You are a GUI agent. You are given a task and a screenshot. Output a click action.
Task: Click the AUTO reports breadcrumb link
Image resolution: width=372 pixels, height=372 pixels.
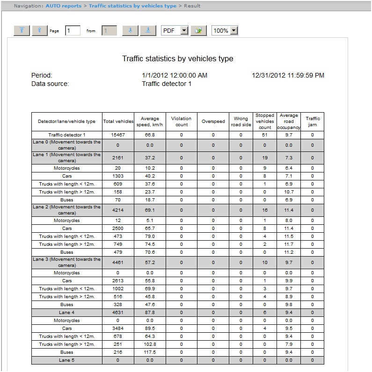[63, 6]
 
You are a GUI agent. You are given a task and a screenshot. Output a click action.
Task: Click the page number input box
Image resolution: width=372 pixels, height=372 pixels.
[73, 30]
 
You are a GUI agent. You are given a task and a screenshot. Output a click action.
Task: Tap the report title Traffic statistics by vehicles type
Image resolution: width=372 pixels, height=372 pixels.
[177, 59]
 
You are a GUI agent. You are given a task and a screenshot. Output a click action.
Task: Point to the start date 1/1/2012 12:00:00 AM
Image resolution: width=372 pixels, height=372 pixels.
[174, 75]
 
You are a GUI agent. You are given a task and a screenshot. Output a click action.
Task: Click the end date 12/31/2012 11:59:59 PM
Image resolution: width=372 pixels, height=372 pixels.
[288, 75]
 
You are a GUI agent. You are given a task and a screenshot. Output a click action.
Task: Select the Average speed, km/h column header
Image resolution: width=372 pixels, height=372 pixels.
[150, 122]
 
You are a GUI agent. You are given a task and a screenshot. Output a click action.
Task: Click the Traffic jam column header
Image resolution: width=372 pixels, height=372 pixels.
[313, 122]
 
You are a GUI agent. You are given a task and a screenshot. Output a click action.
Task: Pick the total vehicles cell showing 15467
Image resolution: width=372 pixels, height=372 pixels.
[118, 135]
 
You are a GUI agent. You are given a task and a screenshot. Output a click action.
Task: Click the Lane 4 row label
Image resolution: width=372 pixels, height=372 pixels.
[66, 312]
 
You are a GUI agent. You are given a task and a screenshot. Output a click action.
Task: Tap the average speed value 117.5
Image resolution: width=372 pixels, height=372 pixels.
[150, 352]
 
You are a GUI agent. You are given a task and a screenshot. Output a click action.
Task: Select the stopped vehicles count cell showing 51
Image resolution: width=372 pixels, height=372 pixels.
[265, 135]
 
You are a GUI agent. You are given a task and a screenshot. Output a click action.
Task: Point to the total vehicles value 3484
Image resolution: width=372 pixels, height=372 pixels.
[118, 328]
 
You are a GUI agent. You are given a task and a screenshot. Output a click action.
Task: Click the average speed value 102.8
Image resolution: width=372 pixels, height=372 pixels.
[150, 344]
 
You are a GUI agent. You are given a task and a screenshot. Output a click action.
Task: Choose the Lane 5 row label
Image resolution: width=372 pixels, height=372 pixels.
[66, 360]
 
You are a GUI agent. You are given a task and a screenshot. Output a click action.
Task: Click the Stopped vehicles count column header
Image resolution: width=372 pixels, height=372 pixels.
[265, 122]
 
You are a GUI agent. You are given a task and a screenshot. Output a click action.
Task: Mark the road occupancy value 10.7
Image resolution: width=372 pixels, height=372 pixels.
[289, 192]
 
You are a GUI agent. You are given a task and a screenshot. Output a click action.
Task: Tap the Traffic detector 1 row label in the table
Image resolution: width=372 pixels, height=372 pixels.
[66, 135]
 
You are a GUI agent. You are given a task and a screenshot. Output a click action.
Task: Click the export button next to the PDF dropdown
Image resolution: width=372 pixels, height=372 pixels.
[199, 30]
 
